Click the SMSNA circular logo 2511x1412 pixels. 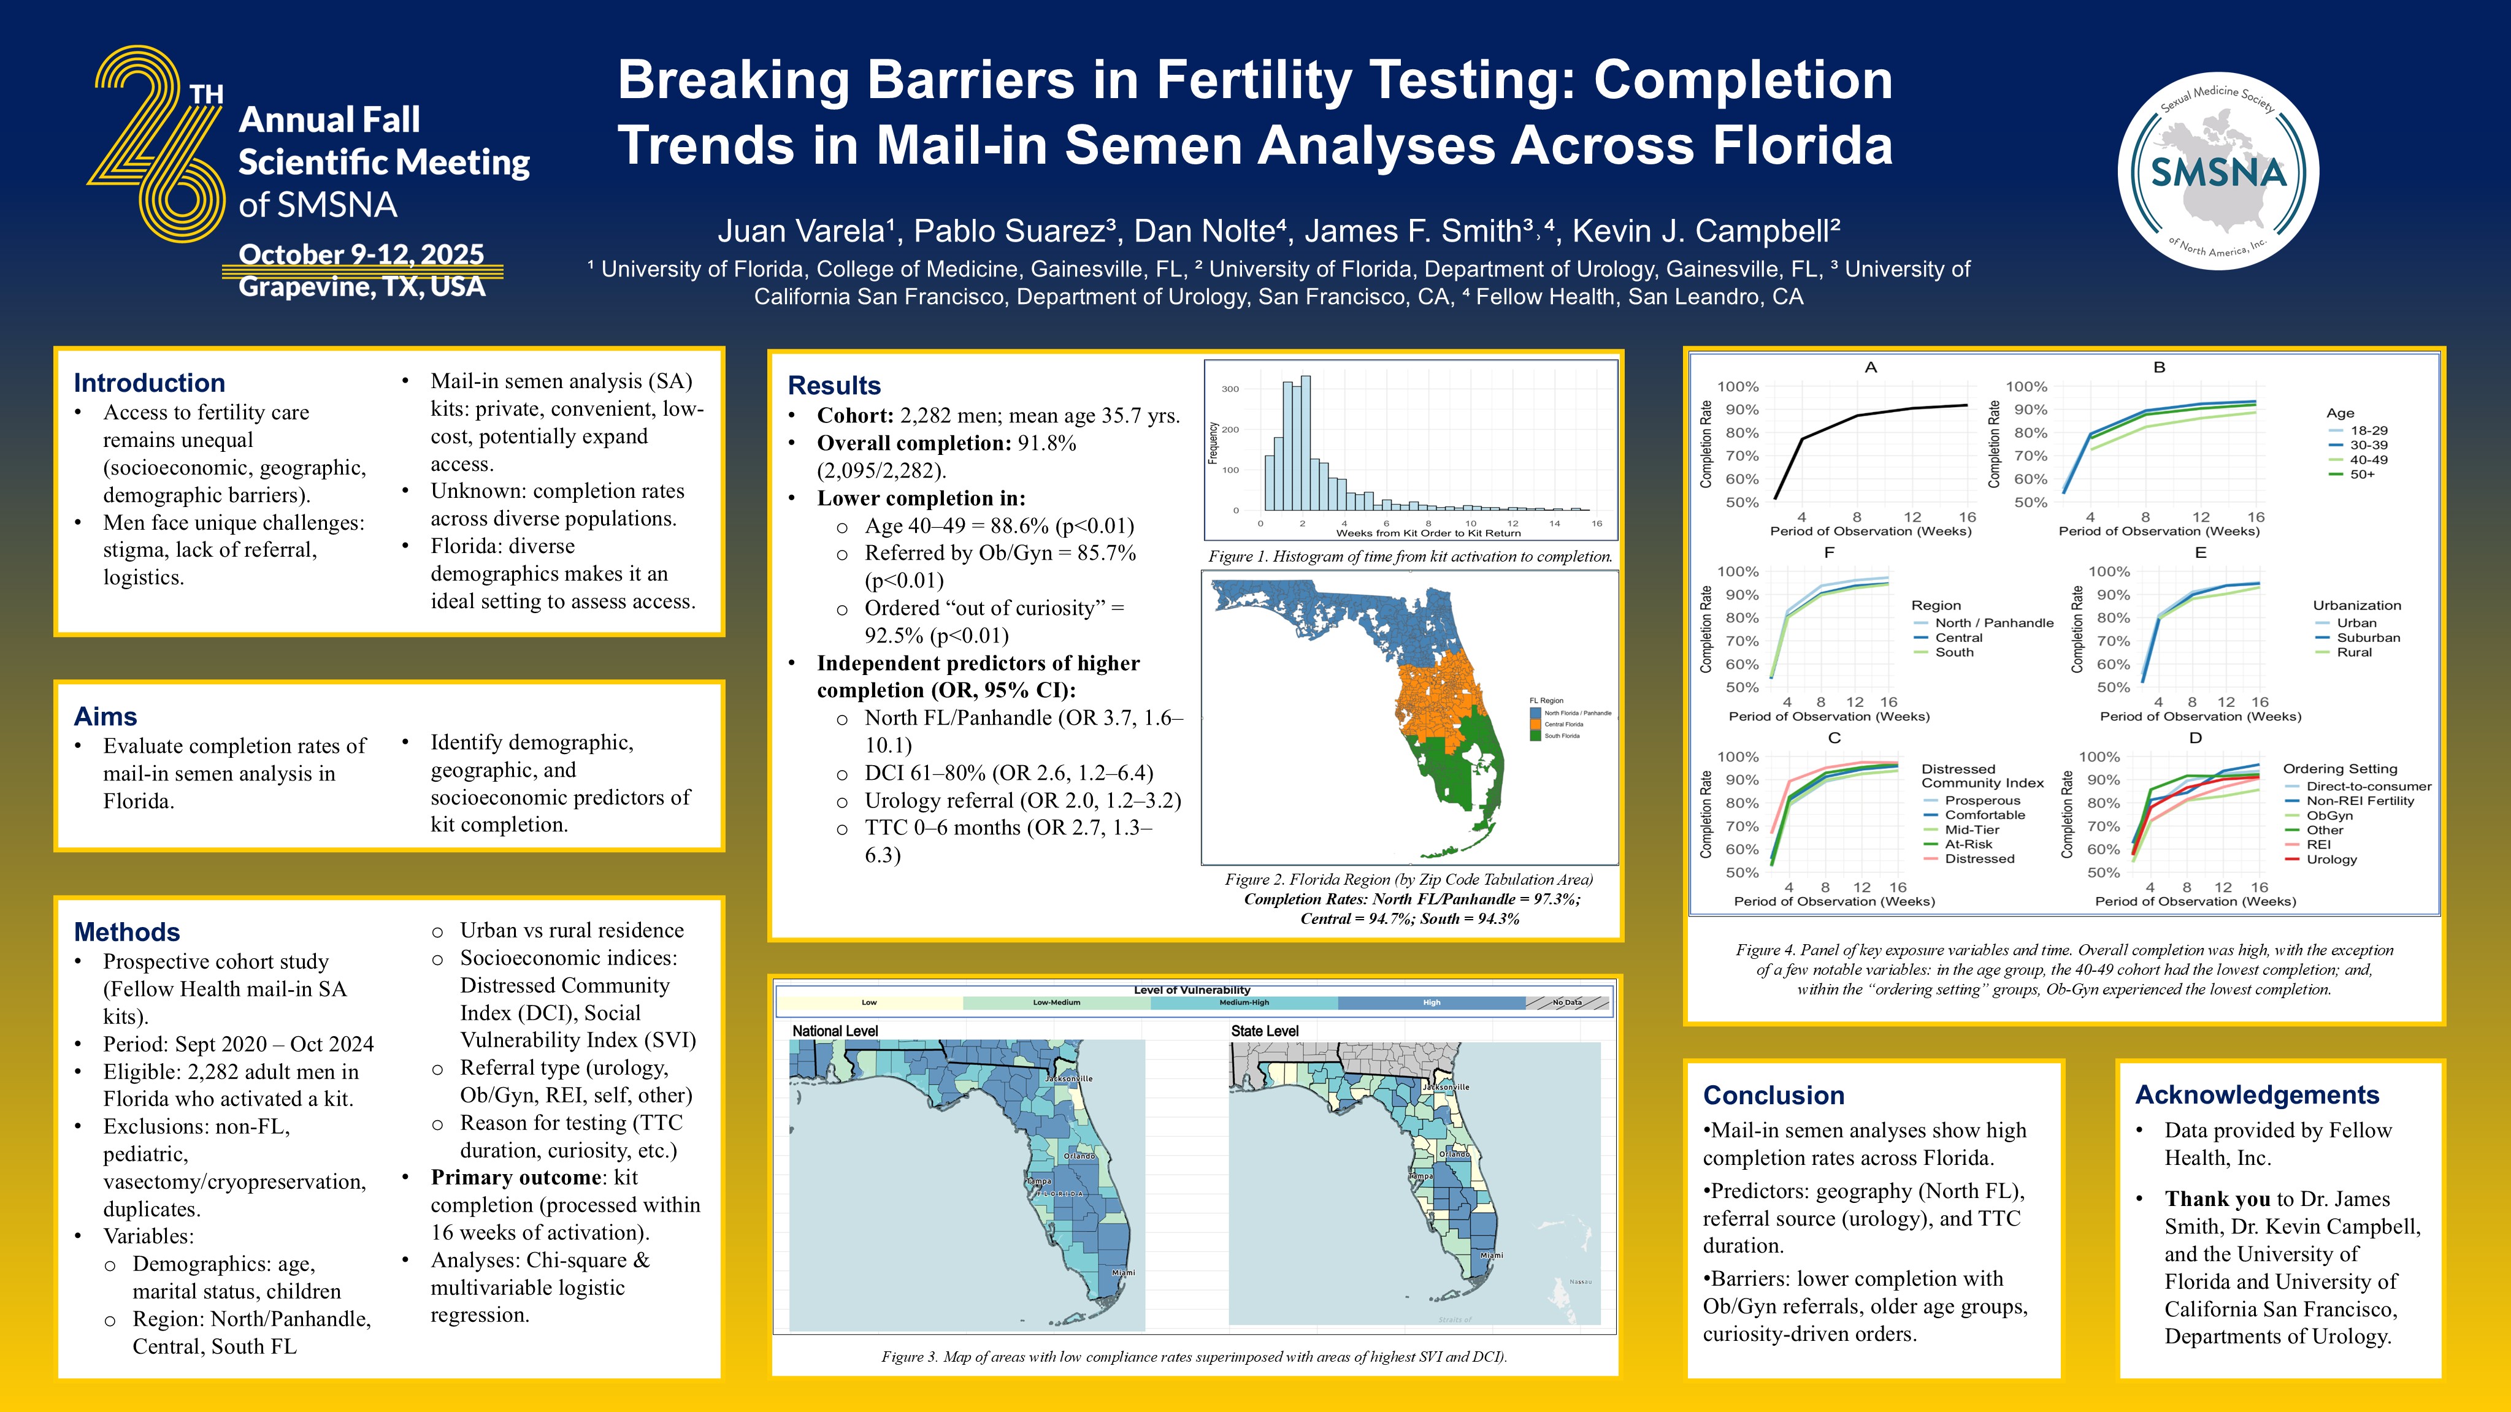click(2218, 172)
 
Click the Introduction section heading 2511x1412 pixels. click(149, 383)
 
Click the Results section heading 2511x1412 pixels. click(834, 386)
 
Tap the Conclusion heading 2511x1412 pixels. click(1773, 1095)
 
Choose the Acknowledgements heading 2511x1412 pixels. click(2256, 1094)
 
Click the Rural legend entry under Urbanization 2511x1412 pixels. click(2353, 652)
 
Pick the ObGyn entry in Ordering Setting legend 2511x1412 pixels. click(2329, 815)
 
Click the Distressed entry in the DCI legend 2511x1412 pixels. click(1979, 858)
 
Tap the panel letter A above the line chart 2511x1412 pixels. click(1869, 367)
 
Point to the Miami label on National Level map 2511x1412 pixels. click(1123, 1273)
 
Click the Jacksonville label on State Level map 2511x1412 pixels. click(1446, 1086)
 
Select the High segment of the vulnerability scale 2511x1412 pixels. click(1431, 1002)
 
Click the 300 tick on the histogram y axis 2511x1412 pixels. click(1230, 389)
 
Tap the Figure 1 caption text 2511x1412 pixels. click(1409, 557)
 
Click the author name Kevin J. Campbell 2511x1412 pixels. click(1705, 231)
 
